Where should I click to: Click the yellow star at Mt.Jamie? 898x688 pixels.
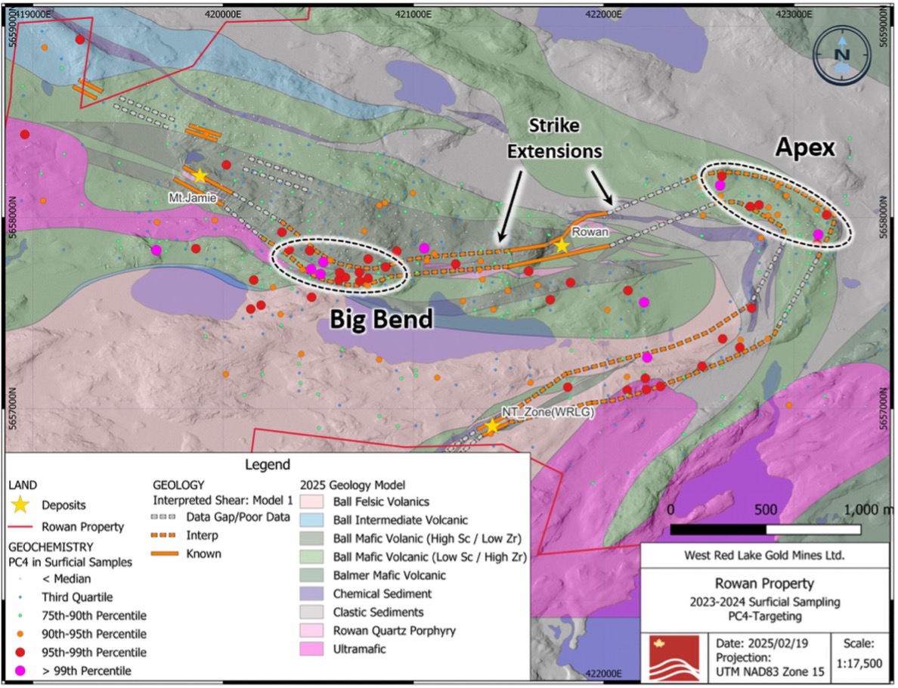pos(199,175)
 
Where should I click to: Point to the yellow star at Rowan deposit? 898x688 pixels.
pos(561,245)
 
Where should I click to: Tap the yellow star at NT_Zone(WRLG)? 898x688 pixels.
pos(491,426)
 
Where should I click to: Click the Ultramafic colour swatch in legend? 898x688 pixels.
pos(312,649)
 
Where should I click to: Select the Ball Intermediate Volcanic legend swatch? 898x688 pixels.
pos(312,520)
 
